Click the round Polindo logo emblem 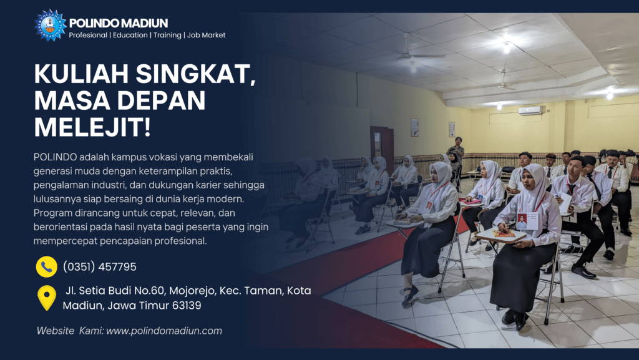(50, 25)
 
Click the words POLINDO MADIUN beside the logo (118, 23)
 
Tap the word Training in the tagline (167, 35)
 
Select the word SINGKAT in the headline (195, 74)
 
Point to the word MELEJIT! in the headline (92, 127)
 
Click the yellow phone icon (46, 267)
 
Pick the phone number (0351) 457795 (99, 267)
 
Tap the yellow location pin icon (47, 298)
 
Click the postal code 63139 (187, 306)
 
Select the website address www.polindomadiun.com (164, 331)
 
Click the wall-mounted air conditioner (530, 110)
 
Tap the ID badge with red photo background (527, 221)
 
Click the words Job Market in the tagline (206, 35)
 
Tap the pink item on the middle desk (471, 201)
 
